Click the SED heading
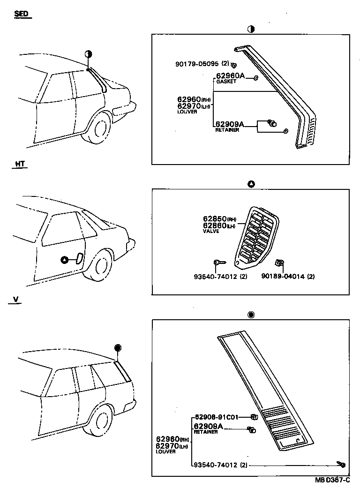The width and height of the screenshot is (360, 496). tap(21, 14)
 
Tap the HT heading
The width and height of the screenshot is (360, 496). tap(20, 164)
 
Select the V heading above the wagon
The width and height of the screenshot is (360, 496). tap(16, 299)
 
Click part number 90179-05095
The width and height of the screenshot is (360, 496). tap(197, 64)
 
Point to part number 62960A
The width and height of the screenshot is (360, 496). tap(230, 75)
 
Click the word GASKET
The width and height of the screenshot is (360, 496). tap(225, 82)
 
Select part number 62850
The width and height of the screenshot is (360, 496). tap(215, 219)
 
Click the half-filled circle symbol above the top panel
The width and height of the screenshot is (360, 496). tap(251, 29)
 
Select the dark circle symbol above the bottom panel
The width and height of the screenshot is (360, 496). tap(251, 315)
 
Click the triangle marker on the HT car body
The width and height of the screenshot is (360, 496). tap(65, 260)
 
